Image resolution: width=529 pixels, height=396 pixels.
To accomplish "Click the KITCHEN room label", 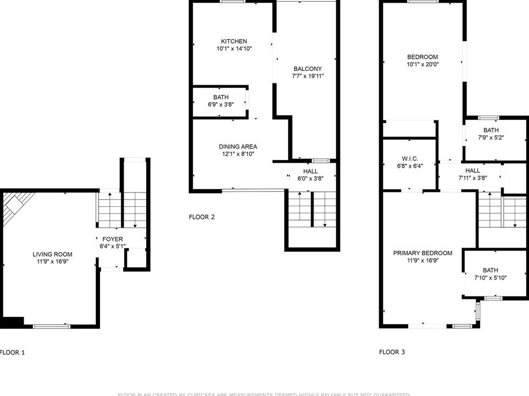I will [234, 42].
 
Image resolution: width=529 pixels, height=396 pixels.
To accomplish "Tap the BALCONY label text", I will [307, 69].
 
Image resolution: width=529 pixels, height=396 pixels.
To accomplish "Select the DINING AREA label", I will [238, 147].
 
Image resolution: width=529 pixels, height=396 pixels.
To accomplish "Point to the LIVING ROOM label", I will [52, 254].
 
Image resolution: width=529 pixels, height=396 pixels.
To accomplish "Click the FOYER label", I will [113, 239].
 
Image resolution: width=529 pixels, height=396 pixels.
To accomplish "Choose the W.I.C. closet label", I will [410, 158].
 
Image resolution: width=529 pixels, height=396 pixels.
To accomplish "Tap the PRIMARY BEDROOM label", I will [422, 253].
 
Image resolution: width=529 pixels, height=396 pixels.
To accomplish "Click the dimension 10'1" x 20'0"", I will [422, 64].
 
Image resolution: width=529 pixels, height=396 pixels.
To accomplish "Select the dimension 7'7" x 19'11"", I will [307, 76].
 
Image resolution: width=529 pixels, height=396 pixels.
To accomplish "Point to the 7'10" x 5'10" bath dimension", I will [490, 278].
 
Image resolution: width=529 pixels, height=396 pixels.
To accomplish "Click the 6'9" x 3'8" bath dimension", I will [221, 105].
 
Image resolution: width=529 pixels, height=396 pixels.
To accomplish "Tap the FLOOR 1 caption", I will [12, 352].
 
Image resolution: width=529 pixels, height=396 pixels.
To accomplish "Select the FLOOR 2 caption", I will [202, 217].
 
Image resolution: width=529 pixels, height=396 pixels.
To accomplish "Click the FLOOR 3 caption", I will [392, 352].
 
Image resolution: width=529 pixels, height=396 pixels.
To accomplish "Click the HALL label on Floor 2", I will [310, 172].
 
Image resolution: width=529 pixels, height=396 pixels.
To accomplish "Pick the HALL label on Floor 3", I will [472, 171].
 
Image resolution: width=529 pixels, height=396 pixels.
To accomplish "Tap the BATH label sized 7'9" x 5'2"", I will [491, 130].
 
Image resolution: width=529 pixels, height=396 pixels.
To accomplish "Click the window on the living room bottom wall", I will [52, 326].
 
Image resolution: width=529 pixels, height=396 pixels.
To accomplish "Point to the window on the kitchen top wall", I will [233, 2].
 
